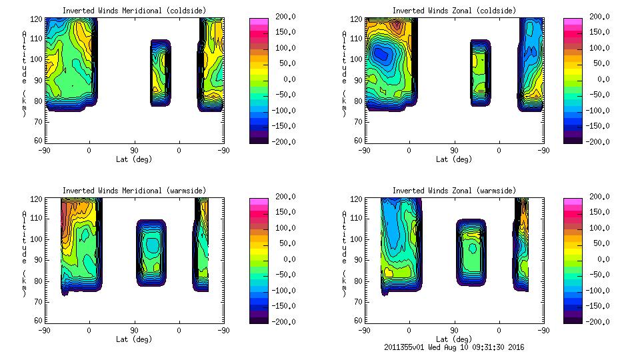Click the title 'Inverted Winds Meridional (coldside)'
[134, 10]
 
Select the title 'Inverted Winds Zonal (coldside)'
[454, 10]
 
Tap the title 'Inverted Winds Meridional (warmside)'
[134, 191]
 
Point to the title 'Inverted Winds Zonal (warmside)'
[454, 191]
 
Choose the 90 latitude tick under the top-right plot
[454, 150]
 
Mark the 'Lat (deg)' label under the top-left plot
[134, 159]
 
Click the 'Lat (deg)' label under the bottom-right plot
[454, 339]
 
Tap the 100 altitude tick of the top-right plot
[358, 58]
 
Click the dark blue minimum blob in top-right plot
[381, 55]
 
